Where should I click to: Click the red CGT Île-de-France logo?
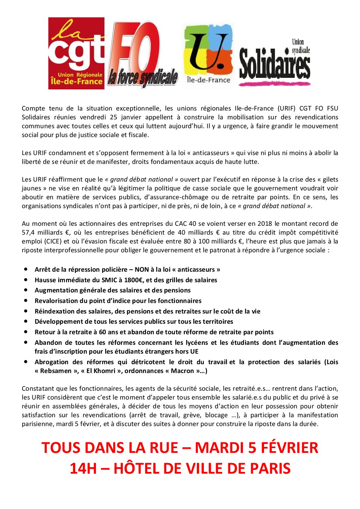(x=76, y=53)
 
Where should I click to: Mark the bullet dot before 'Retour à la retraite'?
(x=26, y=332)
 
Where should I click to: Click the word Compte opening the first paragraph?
(x=33, y=108)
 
